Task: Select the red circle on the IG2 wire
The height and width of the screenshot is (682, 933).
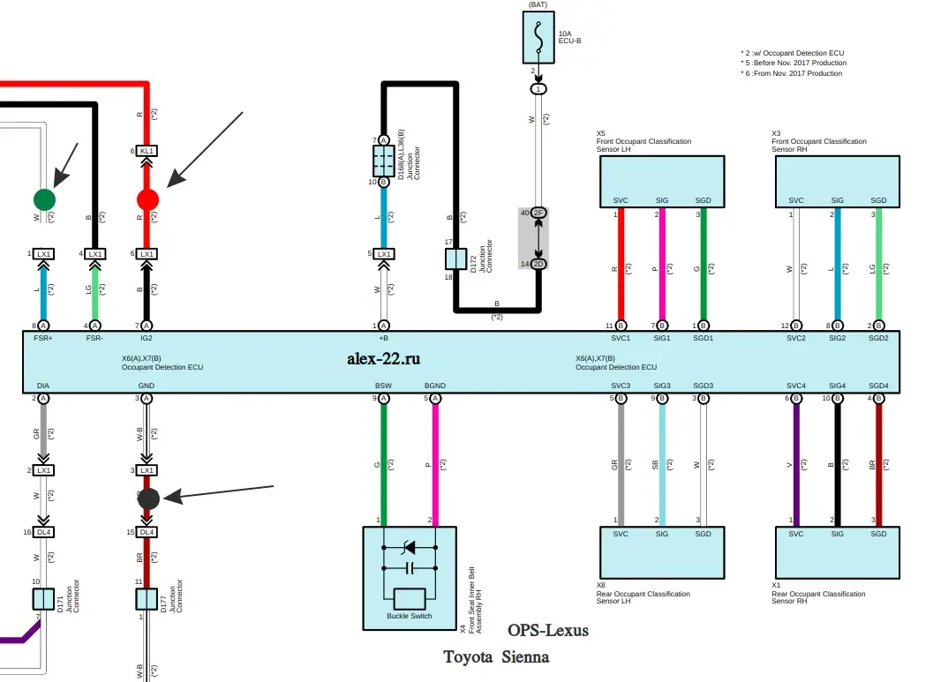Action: click(x=147, y=199)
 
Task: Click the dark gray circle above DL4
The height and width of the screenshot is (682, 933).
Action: click(x=148, y=498)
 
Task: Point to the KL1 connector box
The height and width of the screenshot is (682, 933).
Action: click(x=147, y=151)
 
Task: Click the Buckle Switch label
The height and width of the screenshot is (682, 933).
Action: click(x=410, y=616)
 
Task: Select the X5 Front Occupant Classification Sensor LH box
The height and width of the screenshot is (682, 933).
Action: click(x=662, y=181)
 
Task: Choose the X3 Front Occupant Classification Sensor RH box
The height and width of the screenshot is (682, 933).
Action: click(x=837, y=181)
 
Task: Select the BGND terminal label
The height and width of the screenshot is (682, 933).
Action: click(x=435, y=386)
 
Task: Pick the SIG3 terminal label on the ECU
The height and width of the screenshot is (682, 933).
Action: click(x=662, y=386)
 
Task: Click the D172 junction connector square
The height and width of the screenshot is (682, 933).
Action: click(x=455, y=259)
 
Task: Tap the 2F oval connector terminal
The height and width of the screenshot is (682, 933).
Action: click(x=538, y=214)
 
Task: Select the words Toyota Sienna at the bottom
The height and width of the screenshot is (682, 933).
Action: click(x=496, y=657)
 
